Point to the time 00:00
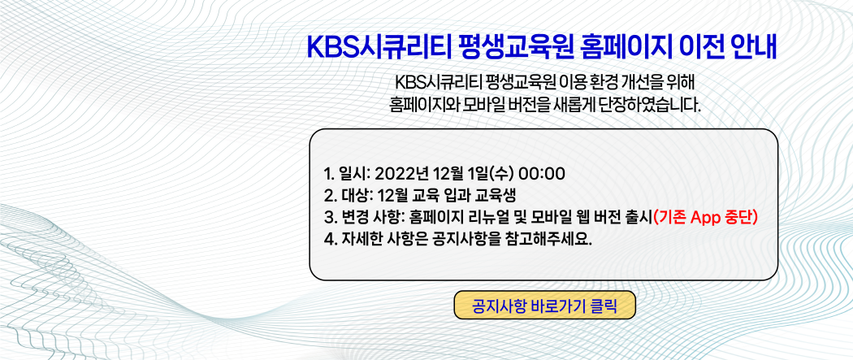pyautogui.click(x=542, y=174)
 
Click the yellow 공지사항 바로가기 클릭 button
pyautogui.click(x=544, y=305)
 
